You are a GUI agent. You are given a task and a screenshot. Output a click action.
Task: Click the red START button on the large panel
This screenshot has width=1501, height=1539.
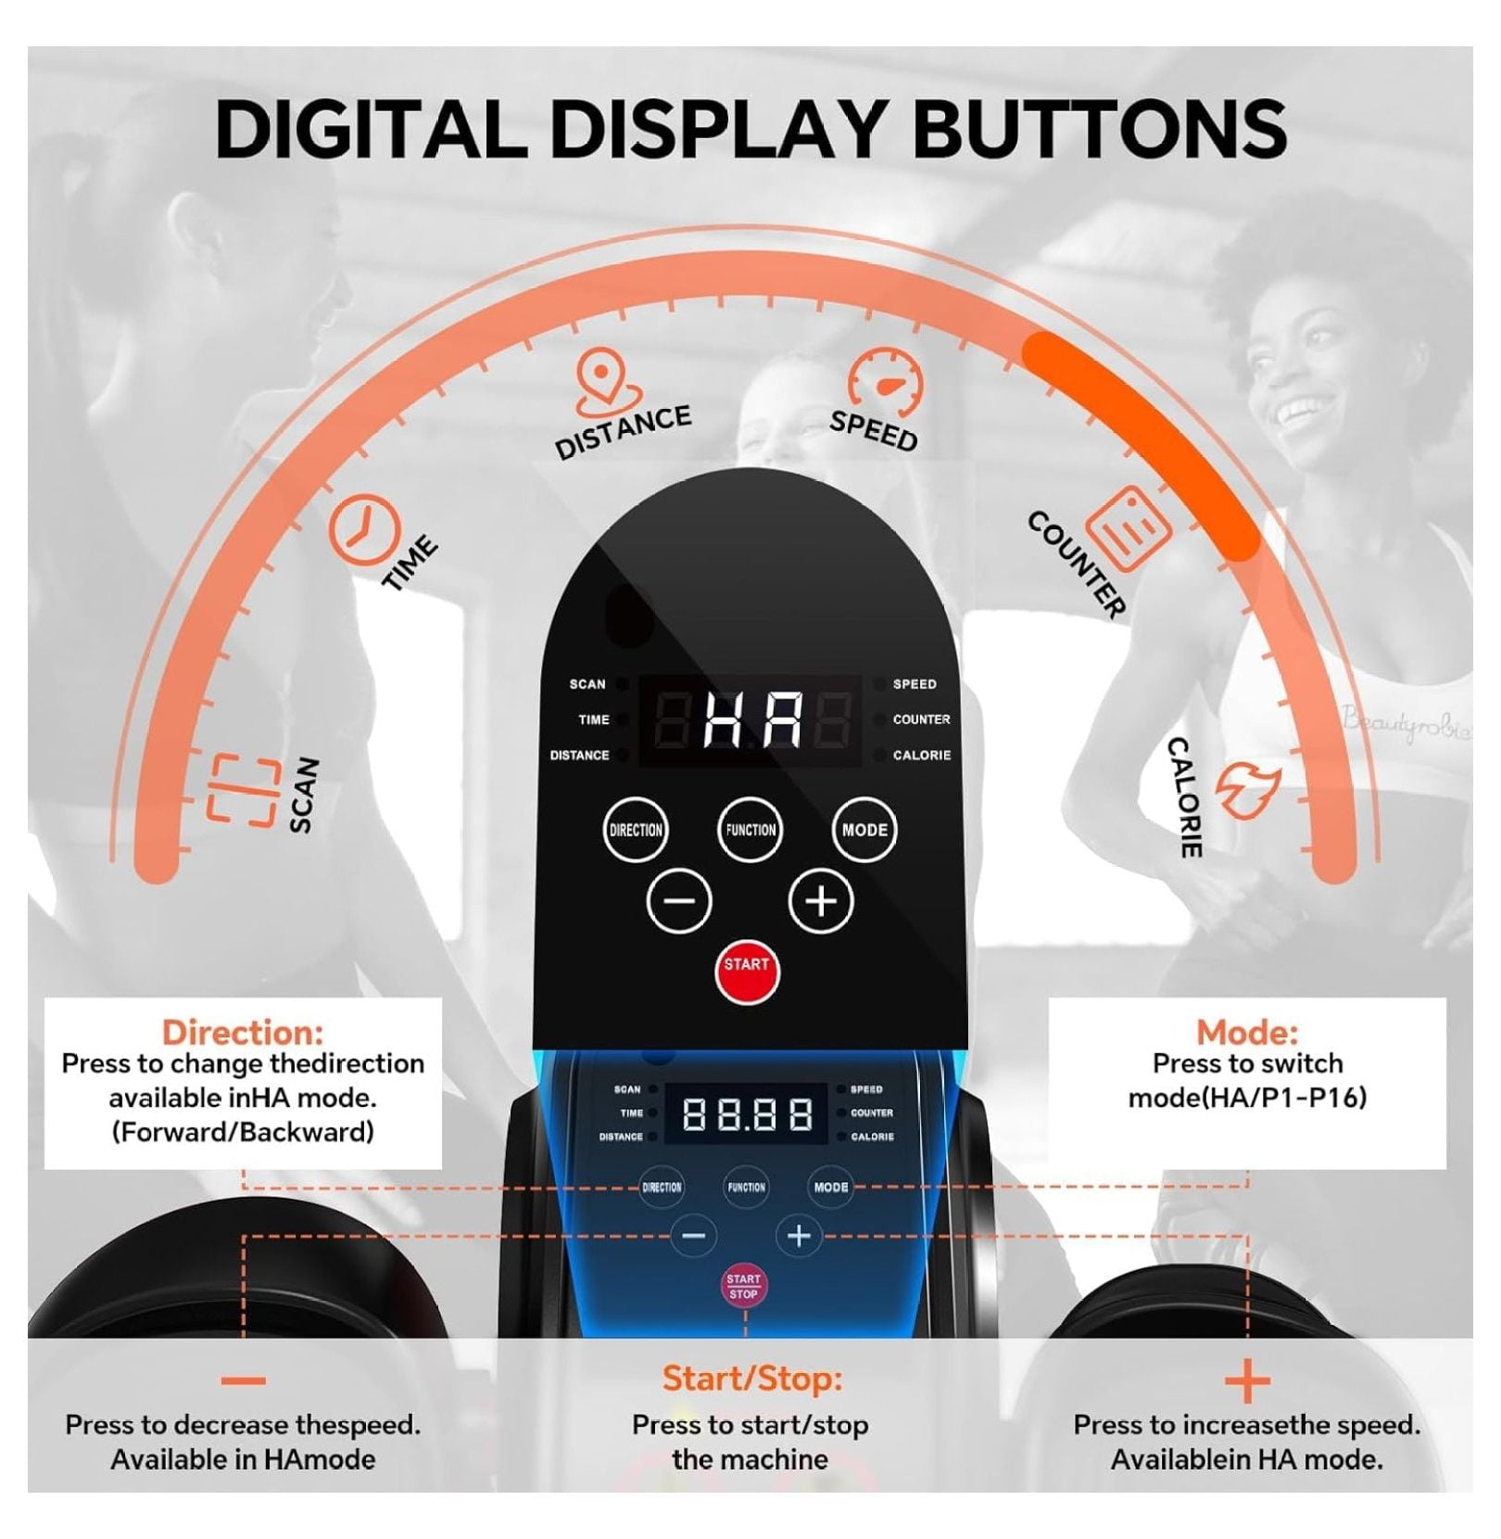pos(747,973)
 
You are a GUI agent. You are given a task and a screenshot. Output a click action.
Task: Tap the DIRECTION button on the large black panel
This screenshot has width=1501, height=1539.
pos(636,830)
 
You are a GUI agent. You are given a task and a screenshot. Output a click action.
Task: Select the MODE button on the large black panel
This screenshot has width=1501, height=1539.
pos(864,830)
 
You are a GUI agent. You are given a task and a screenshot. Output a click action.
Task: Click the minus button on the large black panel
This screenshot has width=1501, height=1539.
pos(679,901)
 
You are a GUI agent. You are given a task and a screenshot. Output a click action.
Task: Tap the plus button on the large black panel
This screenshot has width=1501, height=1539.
pos(821,901)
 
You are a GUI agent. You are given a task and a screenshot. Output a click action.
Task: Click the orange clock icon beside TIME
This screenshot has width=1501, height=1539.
pos(364,530)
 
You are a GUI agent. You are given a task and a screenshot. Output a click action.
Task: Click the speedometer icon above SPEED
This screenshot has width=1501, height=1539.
pos(886,382)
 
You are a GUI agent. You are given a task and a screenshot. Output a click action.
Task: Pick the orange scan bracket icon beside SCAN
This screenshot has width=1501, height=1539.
pos(243,790)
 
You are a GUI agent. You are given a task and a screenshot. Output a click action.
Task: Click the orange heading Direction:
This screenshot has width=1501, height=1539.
pos(243,1032)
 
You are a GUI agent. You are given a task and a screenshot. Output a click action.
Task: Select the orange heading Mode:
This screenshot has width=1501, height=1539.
pos(1247,1032)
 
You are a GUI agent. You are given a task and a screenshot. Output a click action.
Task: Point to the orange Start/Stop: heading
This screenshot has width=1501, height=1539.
pos(752,1379)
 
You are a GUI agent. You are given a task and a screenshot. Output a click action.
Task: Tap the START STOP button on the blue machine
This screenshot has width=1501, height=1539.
pos(743,1286)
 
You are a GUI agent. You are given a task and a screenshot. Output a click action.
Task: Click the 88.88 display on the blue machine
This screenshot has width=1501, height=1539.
pos(747,1113)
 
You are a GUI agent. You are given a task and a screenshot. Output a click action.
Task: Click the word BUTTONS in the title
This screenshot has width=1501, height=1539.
pos(1100,128)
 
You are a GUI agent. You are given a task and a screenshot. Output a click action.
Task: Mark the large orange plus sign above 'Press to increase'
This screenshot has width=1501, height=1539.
pos(1247,1382)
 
